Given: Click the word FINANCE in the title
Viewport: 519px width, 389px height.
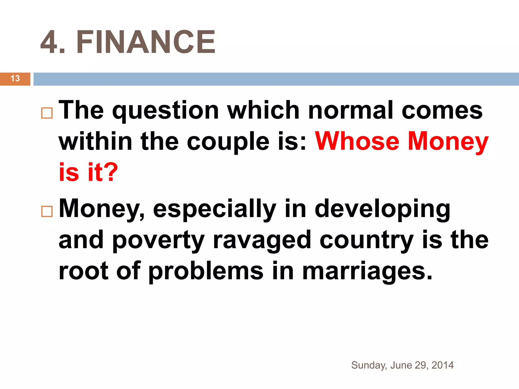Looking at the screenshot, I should point(146,42).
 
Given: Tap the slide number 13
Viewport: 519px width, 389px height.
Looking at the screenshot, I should point(15,79).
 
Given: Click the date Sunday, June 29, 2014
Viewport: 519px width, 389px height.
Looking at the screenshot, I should point(402,365).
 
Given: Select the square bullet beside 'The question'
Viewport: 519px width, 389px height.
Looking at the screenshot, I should point(47,113).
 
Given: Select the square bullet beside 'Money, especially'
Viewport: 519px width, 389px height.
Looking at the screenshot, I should point(47,211).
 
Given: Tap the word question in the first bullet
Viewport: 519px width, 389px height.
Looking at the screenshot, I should point(165,111).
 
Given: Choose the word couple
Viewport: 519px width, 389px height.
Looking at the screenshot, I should point(228,142).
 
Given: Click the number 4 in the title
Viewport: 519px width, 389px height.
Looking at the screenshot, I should point(50,42).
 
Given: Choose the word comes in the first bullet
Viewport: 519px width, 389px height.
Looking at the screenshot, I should point(442,110).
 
